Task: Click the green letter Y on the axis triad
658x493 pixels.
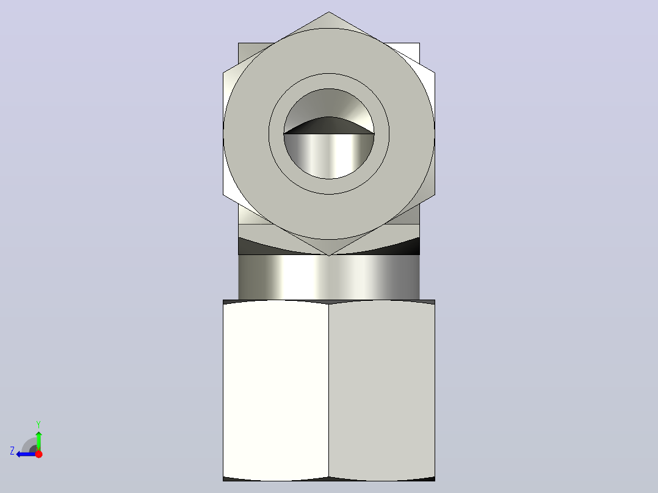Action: tap(38, 424)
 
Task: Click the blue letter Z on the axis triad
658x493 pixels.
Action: tap(12, 451)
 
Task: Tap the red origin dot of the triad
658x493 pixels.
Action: tap(38, 453)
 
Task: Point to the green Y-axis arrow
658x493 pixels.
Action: tap(38, 441)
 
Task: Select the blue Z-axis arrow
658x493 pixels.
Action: tap(26, 454)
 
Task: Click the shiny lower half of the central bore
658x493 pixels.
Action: tap(329, 155)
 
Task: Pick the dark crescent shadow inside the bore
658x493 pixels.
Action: tap(329, 126)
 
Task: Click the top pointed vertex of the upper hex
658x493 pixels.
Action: tap(329, 12)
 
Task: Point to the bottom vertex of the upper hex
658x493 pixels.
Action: tap(329, 255)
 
